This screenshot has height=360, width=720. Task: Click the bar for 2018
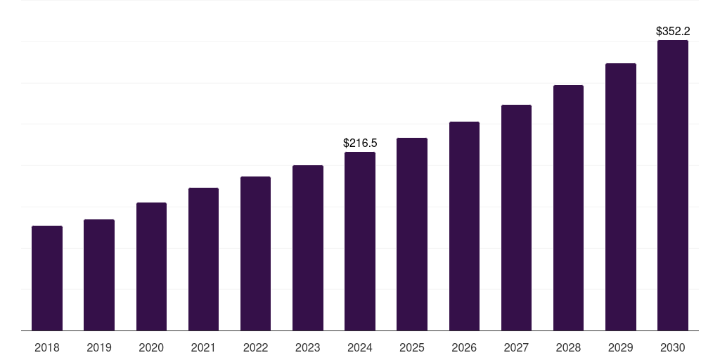[47, 278]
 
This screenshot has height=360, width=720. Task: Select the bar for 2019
[99, 275]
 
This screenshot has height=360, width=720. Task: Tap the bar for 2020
[151, 266]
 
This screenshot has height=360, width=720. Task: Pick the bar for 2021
[203, 259]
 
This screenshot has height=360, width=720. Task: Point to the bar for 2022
[255, 254]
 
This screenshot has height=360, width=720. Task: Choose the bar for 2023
[308, 248]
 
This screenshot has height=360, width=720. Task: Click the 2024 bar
[360, 241]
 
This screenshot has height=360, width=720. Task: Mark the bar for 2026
[464, 226]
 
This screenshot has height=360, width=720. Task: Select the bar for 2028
[568, 208]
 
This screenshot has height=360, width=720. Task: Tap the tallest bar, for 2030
[673, 186]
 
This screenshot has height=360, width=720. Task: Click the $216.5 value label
[360, 143]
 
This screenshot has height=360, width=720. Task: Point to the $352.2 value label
[673, 31]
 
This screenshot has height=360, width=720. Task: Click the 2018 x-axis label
[47, 347]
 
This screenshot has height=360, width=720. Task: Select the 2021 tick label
[203, 347]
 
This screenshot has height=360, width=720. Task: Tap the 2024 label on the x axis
[360, 347]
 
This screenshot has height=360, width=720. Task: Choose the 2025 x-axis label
[412, 347]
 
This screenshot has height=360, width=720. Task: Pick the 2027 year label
[516, 347]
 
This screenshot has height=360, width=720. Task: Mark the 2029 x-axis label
[621, 347]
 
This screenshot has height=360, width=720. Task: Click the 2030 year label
[673, 347]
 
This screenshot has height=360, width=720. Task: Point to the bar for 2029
[621, 197]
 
